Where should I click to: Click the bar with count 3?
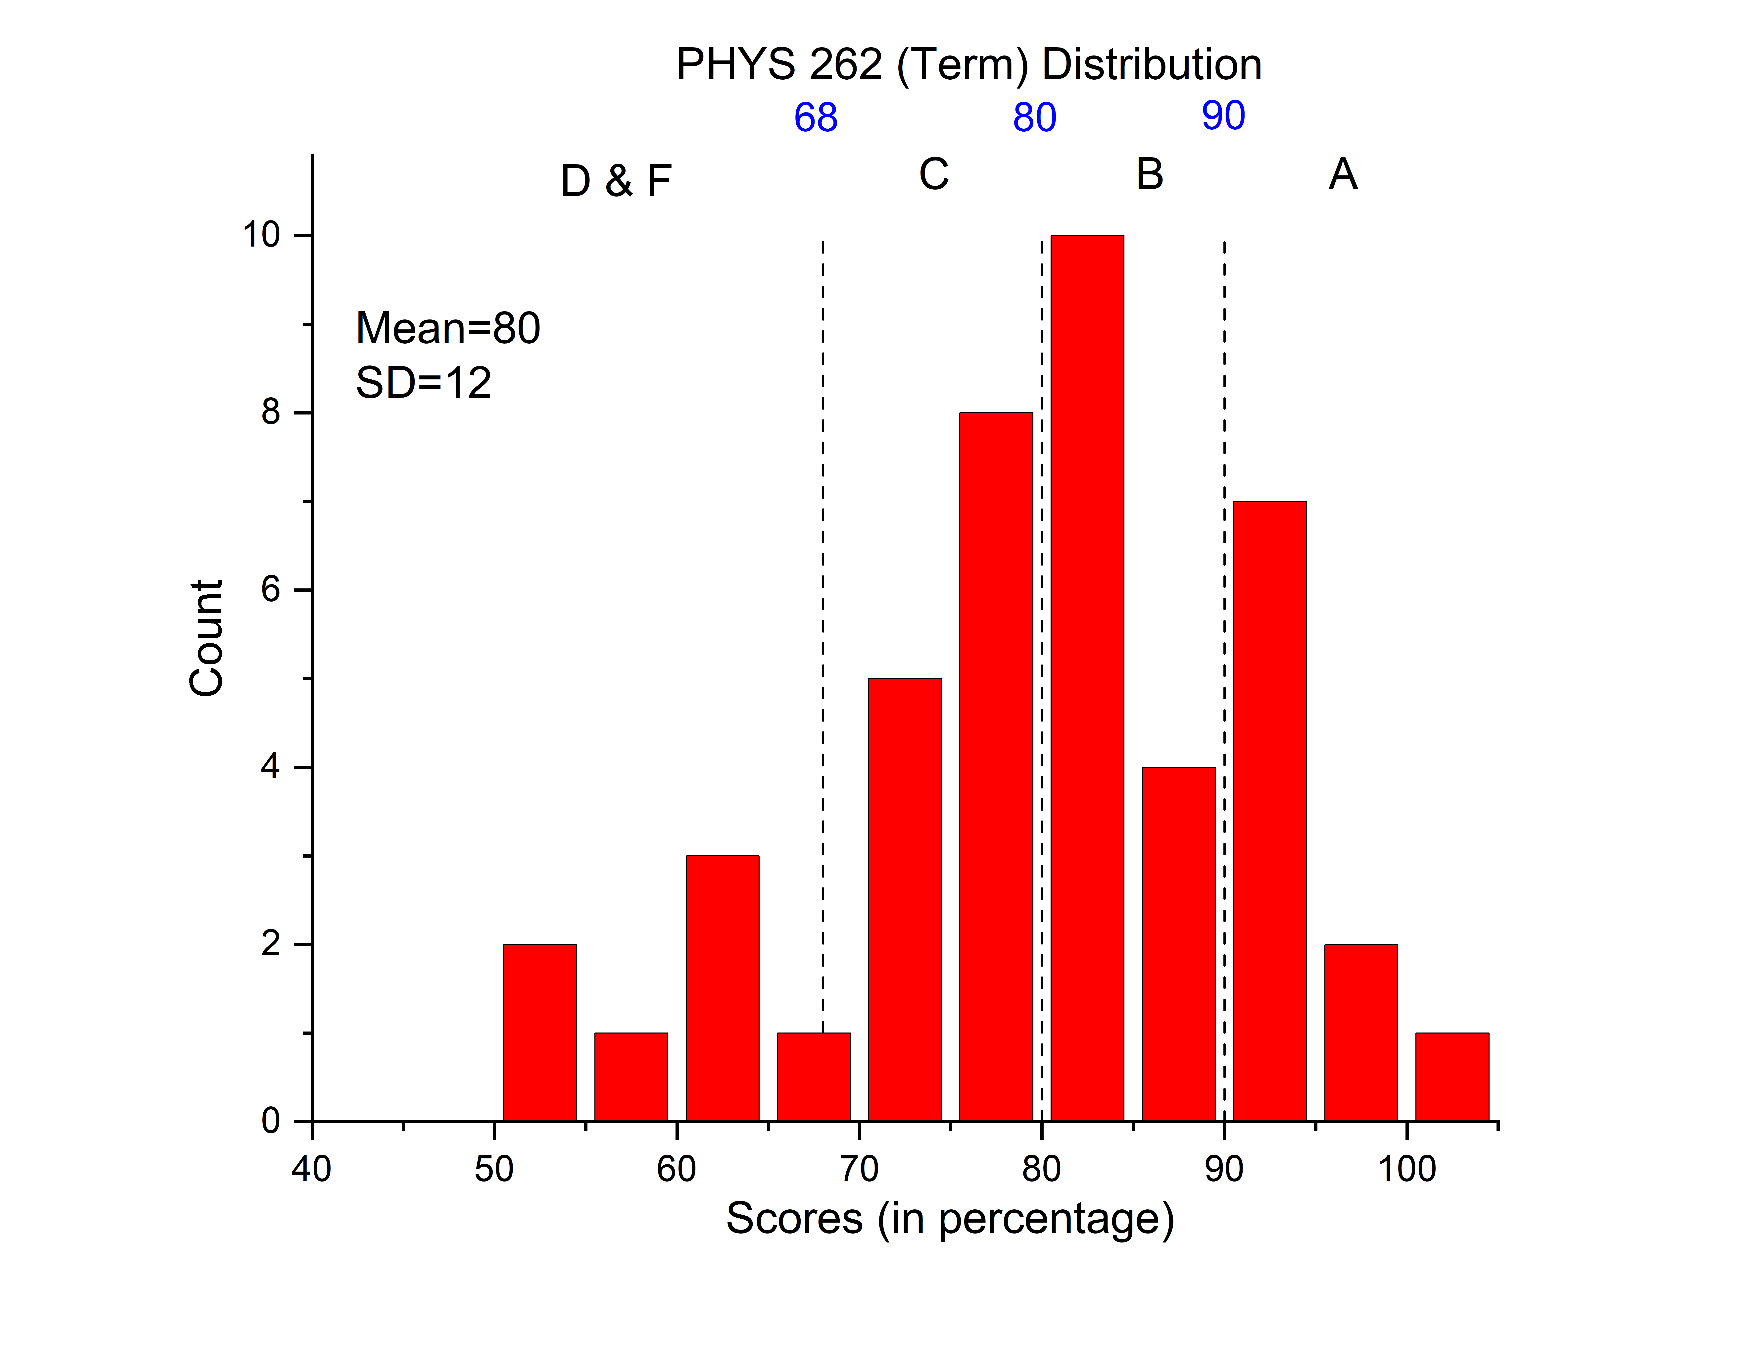point(722,988)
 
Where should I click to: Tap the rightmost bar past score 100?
point(1451,1077)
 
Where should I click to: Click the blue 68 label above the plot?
point(816,118)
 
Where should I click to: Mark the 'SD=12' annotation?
point(423,382)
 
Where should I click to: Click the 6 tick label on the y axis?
point(271,590)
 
